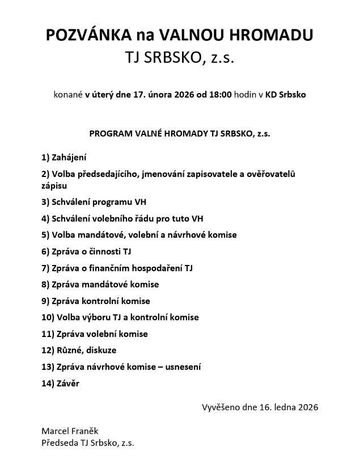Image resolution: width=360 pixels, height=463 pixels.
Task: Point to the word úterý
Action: click(100, 95)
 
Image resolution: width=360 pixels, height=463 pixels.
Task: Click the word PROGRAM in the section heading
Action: click(109, 134)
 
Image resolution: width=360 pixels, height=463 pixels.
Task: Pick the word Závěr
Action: click(68, 384)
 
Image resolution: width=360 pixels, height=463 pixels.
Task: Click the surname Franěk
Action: click(86, 431)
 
